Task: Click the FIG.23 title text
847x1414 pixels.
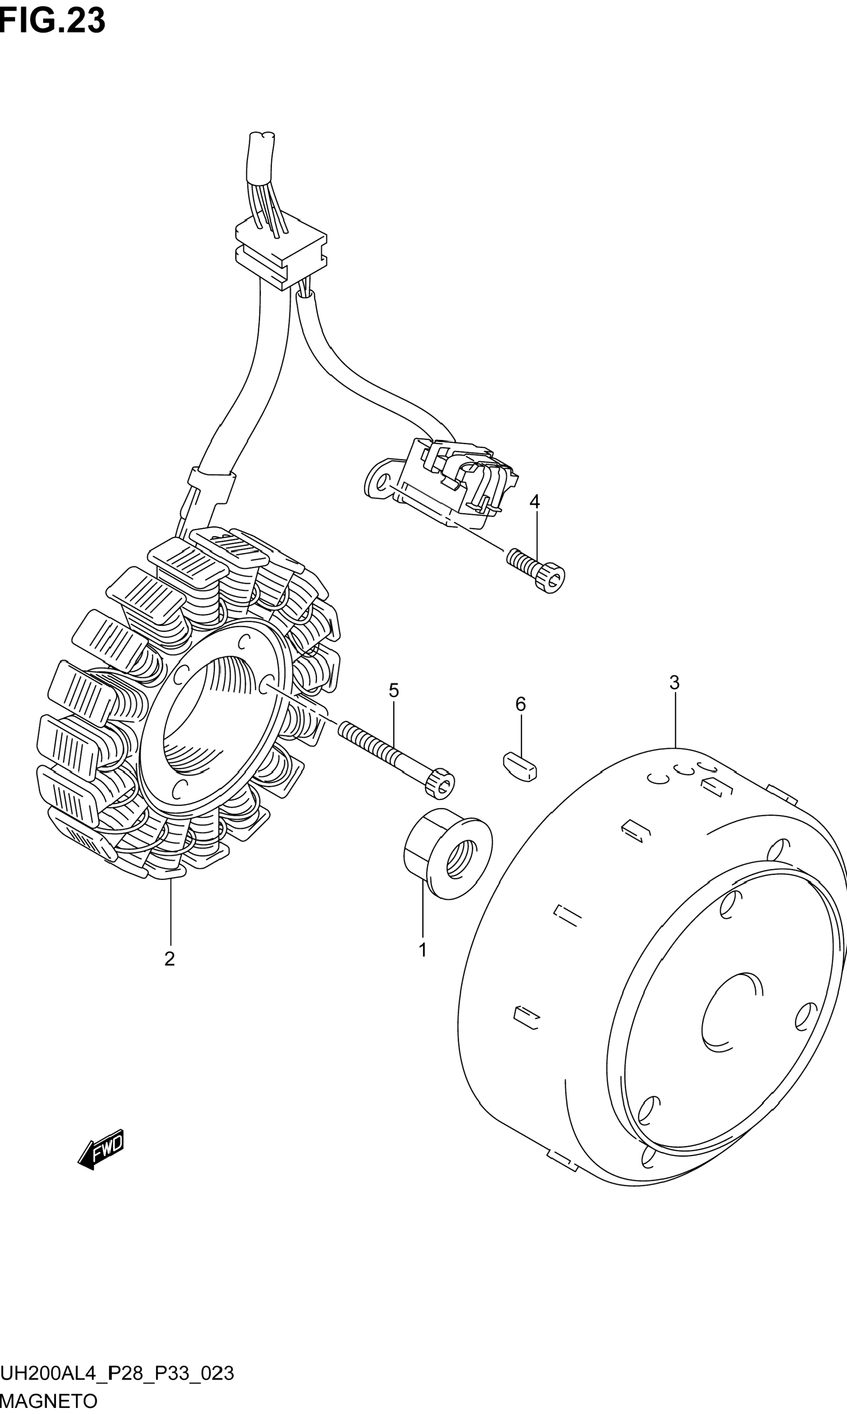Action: tap(53, 21)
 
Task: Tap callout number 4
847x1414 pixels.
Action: tap(534, 502)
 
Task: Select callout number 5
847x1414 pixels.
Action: tap(394, 691)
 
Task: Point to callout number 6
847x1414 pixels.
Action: tap(520, 704)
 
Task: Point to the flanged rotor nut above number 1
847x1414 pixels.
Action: tap(448, 854)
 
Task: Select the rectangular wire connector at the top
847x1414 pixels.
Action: tap(281, 254)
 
